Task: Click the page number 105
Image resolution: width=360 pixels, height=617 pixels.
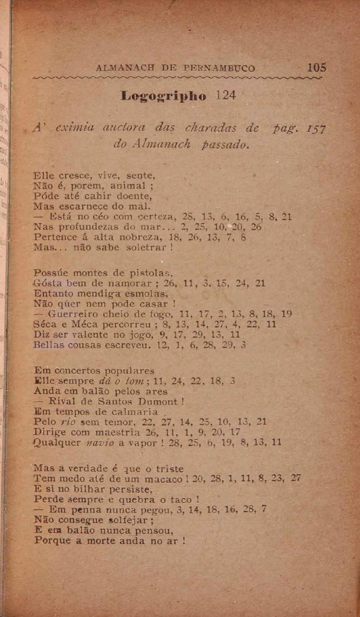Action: click(x=316, y=68)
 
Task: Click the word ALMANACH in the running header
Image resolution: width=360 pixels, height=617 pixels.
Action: click(x=120, y=69)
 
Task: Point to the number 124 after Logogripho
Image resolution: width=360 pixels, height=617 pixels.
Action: click(x=226, y=95)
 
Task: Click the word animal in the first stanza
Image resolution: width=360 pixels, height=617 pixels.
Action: click(x=126, y=186)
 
